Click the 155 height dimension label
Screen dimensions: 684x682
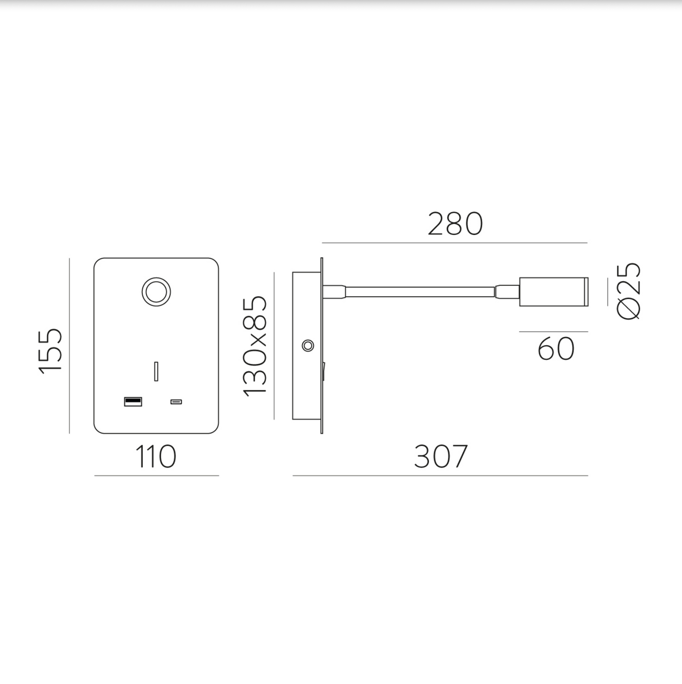50,351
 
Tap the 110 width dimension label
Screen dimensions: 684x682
156,457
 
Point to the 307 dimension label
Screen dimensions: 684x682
441,456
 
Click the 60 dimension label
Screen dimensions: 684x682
556,349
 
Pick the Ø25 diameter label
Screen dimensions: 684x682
629,292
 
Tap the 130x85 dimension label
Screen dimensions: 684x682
255,346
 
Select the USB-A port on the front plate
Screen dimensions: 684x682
133,401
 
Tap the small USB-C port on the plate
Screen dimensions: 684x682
176,402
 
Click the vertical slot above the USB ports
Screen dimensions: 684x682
156,371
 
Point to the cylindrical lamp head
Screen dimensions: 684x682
554,292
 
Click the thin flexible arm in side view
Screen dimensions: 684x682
420,292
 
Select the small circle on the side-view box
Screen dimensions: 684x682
308,346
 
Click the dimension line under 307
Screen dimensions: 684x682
440,475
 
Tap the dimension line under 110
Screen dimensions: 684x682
156,475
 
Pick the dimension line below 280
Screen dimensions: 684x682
455,243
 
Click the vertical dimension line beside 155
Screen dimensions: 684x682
69,345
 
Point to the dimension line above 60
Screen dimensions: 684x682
553,332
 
